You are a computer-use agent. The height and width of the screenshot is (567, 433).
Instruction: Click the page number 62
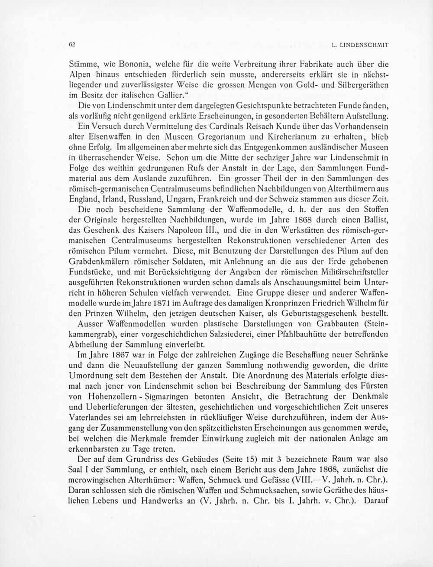(x=72, y=44)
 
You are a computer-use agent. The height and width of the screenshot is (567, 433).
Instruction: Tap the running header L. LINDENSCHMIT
(x=360, y=45)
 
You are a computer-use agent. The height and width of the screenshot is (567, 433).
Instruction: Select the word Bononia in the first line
(x=120, y=65)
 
